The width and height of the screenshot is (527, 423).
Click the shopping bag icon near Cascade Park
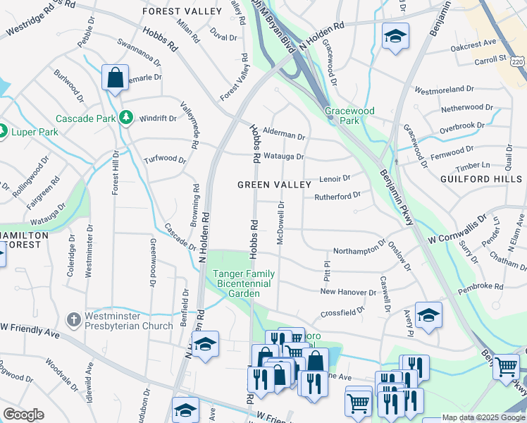pos(115,78)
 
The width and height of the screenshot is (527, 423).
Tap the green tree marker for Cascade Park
pos(126,118)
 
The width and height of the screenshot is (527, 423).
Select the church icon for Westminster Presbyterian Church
pos(73,320)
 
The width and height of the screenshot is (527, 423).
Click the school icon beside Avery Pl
pos(428,317)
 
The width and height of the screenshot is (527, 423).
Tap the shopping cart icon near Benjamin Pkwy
pos(506,367)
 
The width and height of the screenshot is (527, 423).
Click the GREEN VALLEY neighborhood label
pos(274,185)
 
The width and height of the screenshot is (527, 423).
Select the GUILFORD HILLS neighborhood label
pos(483,179)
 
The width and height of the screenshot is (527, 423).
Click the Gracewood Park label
pos(349,116)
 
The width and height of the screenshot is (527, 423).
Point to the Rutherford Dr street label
pos(337,195)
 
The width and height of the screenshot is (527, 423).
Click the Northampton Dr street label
pos(359,250)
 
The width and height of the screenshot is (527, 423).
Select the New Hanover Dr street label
pos(348,292)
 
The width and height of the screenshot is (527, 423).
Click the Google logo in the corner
pos(23,415)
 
